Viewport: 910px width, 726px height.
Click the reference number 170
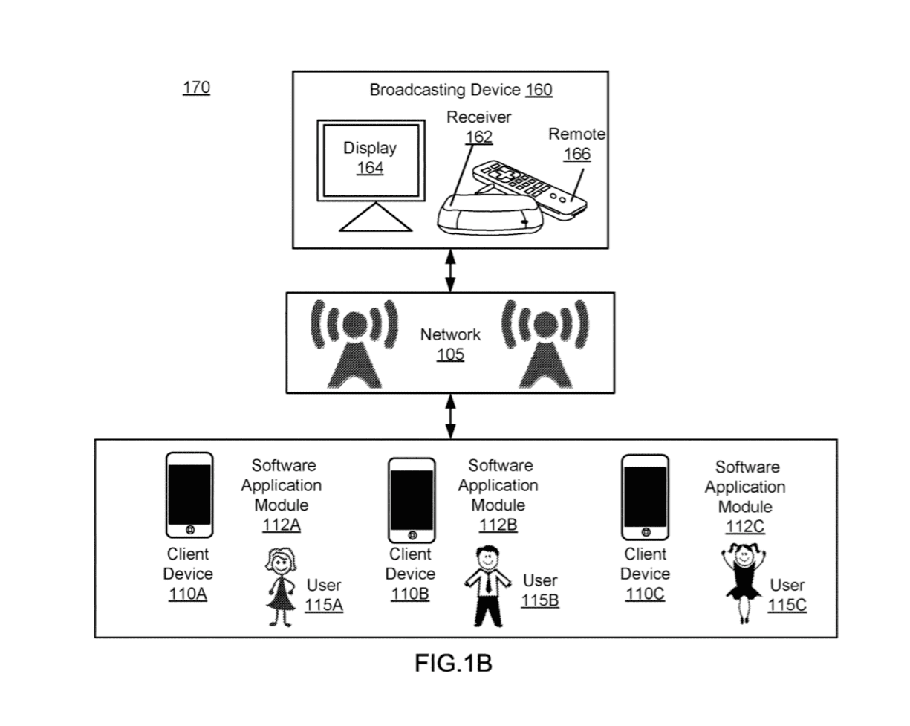tap(196, 88)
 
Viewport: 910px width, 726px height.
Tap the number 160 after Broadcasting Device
tap(539, 91)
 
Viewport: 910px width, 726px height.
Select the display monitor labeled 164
tap(369, 160)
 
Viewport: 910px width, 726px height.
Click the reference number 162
tap(478, 137)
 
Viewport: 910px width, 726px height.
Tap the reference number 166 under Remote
tap(577, 154)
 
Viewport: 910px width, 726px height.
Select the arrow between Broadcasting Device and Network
tap(450, 270)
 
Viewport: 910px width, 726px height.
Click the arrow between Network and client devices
tap(450, 416)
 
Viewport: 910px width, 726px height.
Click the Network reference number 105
tap(450, 354)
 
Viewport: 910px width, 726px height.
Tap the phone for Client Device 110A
tap(189, 495)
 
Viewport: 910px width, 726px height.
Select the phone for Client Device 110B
tap(412, 501)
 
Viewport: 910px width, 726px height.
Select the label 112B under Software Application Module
tap(498, 525)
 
